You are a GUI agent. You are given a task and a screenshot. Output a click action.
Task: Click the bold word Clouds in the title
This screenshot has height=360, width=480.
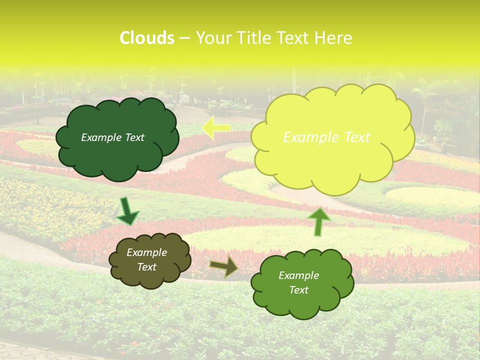pyautogui.click(x=146, y=38)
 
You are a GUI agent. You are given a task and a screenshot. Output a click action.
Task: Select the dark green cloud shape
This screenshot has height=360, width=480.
pyautogui.click(x=117, y=155)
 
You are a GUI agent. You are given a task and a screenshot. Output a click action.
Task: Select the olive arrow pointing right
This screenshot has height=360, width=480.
pyautogui.click(x=224, y=266)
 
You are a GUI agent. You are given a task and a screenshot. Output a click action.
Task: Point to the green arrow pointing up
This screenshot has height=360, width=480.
pyautogui.click(x=318, y=221)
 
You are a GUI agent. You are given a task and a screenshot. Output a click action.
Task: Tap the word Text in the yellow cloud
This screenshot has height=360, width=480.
pyautogui.click(x=357, y=137)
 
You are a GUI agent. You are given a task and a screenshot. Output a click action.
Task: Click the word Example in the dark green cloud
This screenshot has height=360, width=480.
pyautogui.click(x=101, y=137)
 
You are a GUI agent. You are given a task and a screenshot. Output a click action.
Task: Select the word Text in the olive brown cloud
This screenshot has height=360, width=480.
pyautogui.click(x=147, y=267)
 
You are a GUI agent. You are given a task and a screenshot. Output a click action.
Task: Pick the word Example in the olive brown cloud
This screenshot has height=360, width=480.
pyautogui.click(x=147, y=252)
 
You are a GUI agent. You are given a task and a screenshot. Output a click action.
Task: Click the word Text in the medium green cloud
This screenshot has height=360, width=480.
pyautogui.click(x=299, y=290)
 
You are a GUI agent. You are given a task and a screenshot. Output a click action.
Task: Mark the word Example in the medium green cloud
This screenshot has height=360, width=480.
pyautogui.click(x=299, y=275)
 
